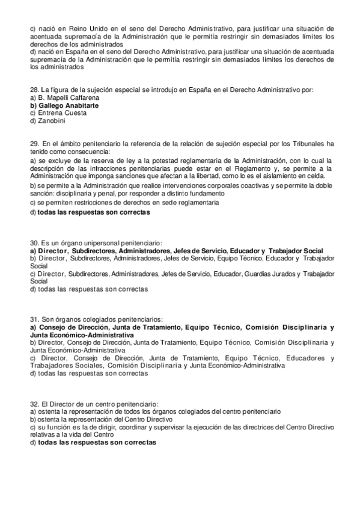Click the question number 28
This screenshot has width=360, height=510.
(34, 90)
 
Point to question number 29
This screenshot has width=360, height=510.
(34, 144)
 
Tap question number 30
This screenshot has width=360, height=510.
(34, 242)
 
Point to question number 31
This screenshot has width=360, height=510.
(34, 319)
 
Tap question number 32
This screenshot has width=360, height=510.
(34, 404)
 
